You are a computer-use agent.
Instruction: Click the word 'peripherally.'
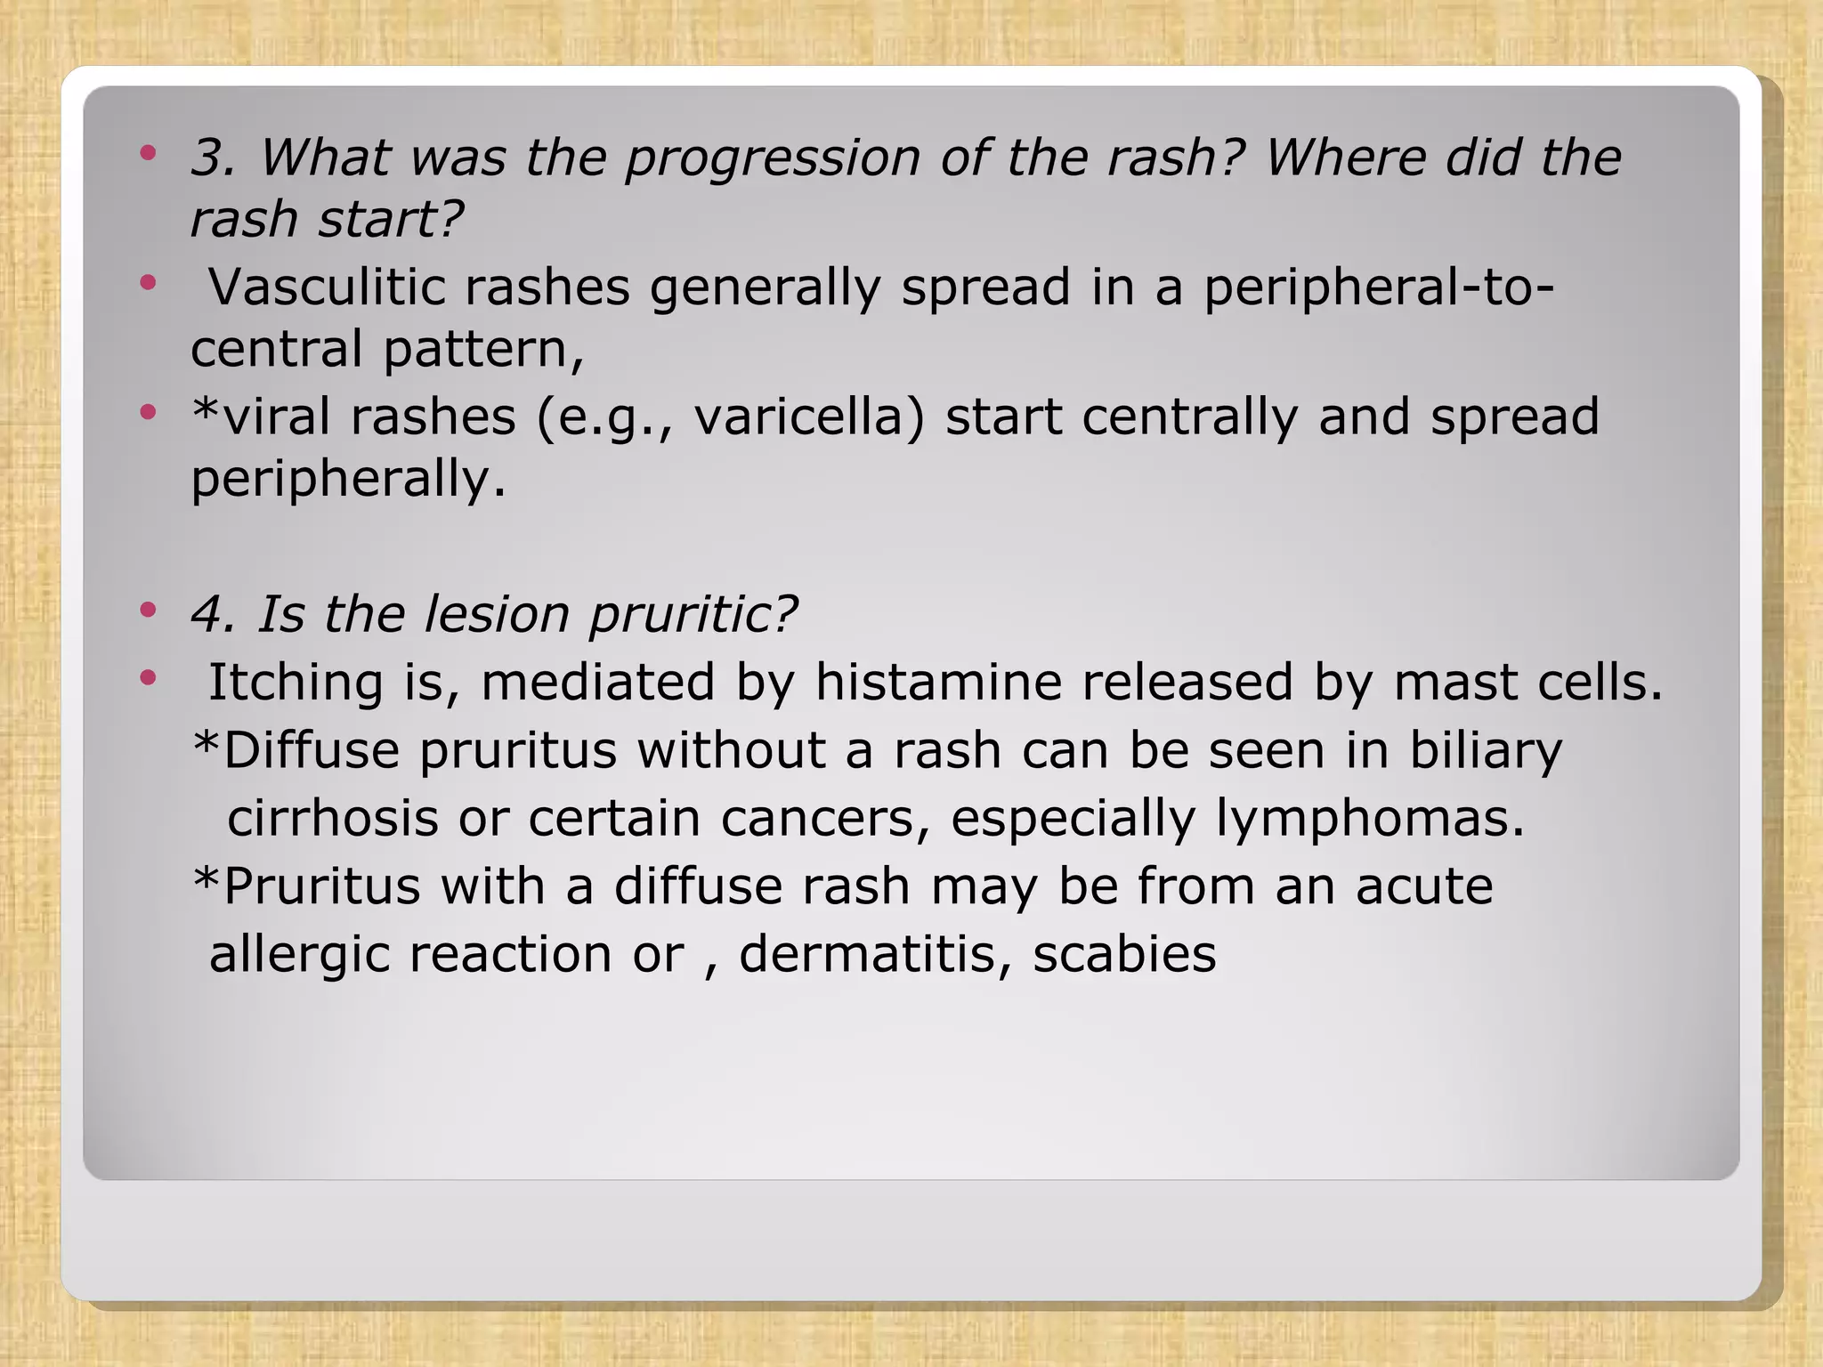348,481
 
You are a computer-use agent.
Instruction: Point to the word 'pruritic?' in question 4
693,615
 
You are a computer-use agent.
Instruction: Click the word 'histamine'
938,683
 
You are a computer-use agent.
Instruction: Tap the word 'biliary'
1485,750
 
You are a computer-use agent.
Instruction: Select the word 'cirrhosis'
333,818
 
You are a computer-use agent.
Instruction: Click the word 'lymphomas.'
1370,818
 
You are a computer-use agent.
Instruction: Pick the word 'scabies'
1124,954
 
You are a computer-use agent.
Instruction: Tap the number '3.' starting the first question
214,158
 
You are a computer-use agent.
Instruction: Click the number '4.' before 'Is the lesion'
214,615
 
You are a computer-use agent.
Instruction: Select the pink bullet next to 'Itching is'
148,679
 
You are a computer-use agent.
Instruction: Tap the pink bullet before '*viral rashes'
148,413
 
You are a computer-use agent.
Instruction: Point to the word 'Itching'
295,684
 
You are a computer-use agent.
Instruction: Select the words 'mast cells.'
1527,683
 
